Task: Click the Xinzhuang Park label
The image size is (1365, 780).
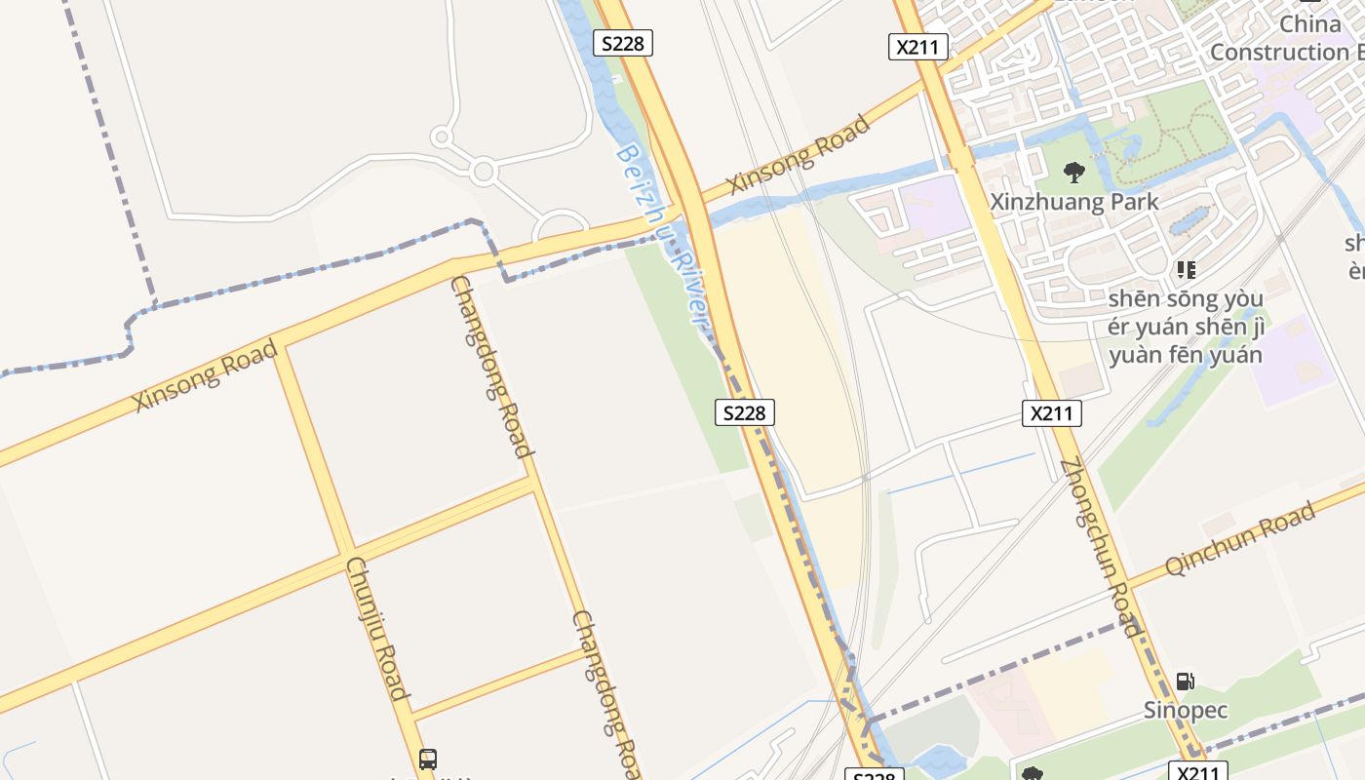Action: pyautogui.click(x=1074, y=202)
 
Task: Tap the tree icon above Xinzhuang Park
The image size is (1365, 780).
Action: pyautogui.click(x=1074, y=173)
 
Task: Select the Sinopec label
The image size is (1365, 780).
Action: pyautogui.click(x=1185, y=710)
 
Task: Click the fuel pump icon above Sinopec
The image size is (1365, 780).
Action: pyautogui.click(x=1185, y=682)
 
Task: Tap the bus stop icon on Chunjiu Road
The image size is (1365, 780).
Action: pyautogui.click(x=427, y=759)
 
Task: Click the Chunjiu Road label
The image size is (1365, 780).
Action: pyautogui.click(x=375, y=629)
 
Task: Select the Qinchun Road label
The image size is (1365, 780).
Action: pyautogui.click(x=1240, y=542)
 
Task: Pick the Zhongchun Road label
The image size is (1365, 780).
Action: pyautogui.click(x=1099, y=546)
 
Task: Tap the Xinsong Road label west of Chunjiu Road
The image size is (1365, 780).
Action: pyautogui.click(x=206, y=375)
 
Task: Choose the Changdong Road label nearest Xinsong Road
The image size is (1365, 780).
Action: pyautogui.click(x=492, y=367)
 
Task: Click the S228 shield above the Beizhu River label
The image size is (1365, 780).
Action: pyautogui.click(x=623, y=43)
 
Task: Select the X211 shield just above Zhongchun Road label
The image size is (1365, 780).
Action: pyautogui.click(x=1052, y=413)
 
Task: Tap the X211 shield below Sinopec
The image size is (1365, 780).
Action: pyautogui.click(x=1196, y=772)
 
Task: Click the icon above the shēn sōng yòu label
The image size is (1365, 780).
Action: pyautogui.click(x=1186, y=269)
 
